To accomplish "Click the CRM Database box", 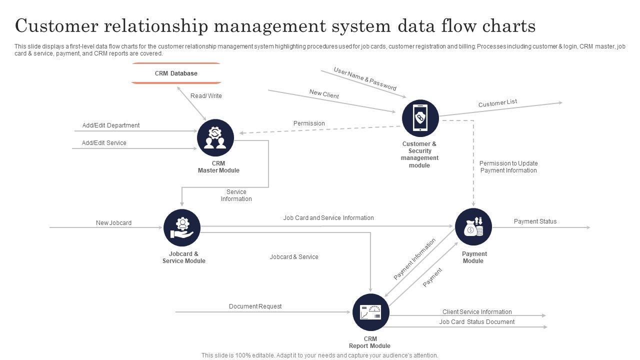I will point(176,73).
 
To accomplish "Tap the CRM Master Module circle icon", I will point(215,137).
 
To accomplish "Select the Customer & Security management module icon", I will point(420,118).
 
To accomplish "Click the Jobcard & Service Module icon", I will point(182,228).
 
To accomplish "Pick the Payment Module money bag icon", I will point(473,227).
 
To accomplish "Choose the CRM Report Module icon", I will point(370,312).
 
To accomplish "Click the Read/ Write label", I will point(206,96).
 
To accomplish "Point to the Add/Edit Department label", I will point(111,125).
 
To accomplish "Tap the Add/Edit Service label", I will point(104,143).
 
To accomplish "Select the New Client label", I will point(324,93).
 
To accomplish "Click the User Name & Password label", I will point(365,79).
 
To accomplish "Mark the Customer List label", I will point(497,103).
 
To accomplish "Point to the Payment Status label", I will point(535,221).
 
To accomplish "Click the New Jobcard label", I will point(113,223).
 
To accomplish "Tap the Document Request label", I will point(255,306).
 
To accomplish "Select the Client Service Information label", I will point(477,312).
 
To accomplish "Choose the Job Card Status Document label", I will point(477,322).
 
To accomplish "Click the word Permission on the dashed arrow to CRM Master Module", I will point(309,123).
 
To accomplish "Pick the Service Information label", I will point(236,195).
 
